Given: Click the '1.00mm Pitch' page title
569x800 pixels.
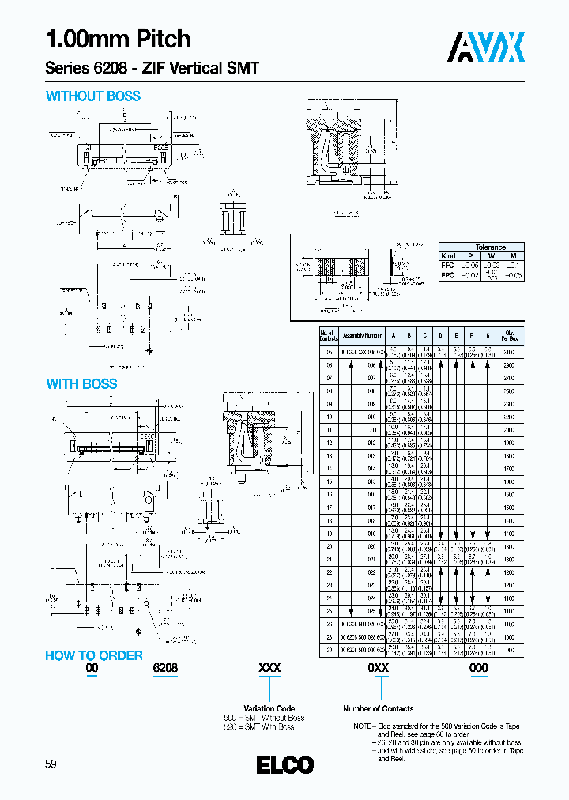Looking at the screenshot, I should point(118,39).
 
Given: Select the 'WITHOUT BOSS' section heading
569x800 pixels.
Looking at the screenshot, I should point(93,96).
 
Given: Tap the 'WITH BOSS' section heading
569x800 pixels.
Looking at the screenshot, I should point(81,384).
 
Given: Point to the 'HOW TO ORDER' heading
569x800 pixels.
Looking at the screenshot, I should point(93,655).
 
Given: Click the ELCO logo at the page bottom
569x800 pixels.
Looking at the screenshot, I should point(284,764).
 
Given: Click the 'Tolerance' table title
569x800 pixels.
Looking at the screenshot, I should point(490,247).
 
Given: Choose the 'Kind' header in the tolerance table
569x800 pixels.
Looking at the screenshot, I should point(448,256).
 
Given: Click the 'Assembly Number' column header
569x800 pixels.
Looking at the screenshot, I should point(362,335).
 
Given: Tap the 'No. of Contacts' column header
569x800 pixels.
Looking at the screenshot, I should point(327,335).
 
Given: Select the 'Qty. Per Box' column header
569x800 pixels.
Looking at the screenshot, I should point(508,335).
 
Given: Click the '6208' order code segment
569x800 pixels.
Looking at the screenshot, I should point(164,668).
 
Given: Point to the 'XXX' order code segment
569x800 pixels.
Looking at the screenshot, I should point(270,668).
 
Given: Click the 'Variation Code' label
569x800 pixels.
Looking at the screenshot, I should point(269,708).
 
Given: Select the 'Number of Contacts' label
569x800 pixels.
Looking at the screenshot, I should point(378,708).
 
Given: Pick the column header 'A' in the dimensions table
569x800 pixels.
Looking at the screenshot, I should point(393,335).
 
